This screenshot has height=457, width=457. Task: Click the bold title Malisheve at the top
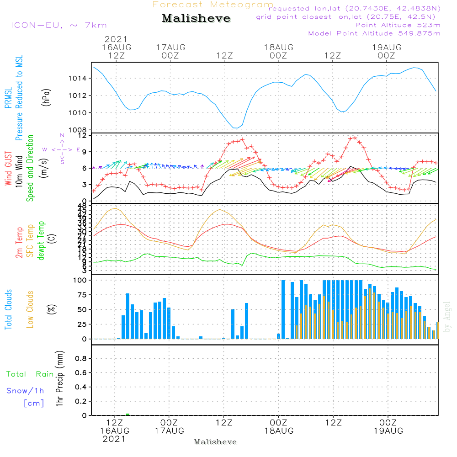pyautogui.click(x=197, y=19)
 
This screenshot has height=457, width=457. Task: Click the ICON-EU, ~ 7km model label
pyautogui.click(x=58, y=25)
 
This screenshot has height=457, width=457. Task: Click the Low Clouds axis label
pyautogui.click(x=30, y=309)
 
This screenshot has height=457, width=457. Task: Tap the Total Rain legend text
pyautogui.click(x=30, y=374)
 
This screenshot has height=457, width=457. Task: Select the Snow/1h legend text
pyautogui.click(x=26, y=391)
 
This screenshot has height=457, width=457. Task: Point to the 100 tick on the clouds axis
pyautogui.click(x=81, y=280)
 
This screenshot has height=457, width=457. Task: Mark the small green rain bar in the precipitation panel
pyautogui.click(x=128, y=414)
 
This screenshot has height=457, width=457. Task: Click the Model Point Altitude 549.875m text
pyautogui.click(x=374, y=33)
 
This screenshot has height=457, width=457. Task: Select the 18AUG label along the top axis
pyautogui.click(x=278, y=47)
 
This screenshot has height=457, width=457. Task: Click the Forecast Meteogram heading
pyautogui.click(x=213, y=5)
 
